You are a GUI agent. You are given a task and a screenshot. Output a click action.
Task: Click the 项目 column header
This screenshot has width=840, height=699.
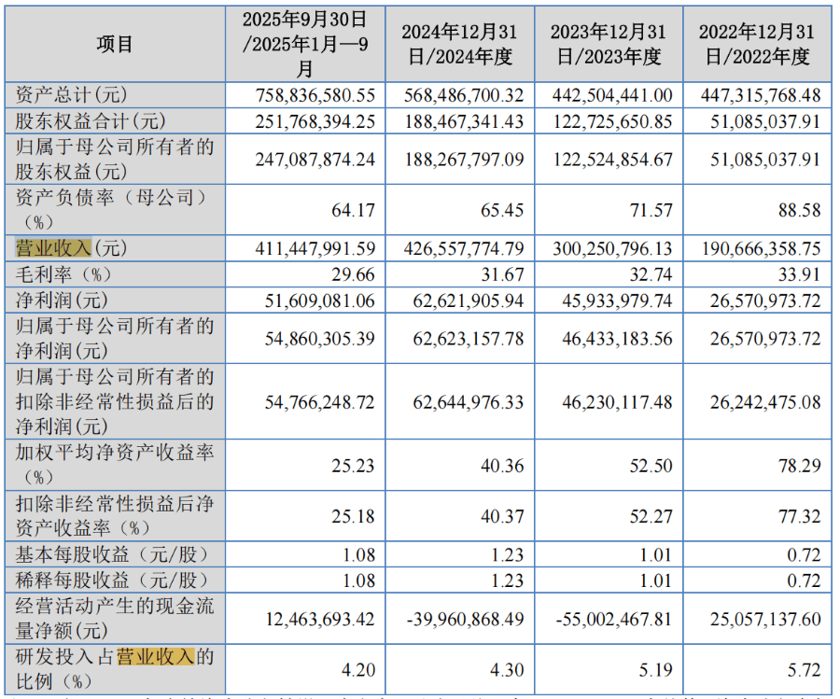115,44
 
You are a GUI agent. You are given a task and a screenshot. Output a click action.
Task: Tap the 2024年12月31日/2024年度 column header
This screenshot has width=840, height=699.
459,44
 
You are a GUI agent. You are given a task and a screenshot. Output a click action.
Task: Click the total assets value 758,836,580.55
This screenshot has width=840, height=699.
315,95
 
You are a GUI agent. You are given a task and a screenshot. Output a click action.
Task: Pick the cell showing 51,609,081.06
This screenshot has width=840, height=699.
315,301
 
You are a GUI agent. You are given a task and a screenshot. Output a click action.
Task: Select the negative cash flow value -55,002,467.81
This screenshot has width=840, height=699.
612,619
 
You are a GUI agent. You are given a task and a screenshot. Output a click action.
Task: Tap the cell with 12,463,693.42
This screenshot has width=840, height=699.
315,619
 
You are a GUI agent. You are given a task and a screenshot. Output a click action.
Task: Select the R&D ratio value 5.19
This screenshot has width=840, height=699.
651,669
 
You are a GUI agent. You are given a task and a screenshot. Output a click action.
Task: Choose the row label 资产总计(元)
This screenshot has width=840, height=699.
71,95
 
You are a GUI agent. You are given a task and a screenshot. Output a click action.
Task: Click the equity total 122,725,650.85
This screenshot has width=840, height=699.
612,121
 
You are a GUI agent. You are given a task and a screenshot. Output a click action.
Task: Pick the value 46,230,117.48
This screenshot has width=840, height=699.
612,402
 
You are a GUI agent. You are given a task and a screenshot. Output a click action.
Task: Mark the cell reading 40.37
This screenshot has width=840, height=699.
502,516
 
